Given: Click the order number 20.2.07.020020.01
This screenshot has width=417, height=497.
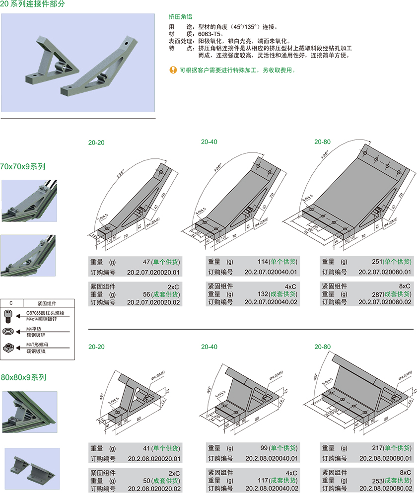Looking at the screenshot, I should (153, 272).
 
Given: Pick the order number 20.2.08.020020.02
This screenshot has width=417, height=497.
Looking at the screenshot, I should (154, 489).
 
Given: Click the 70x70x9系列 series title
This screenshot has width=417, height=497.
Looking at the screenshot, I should (23, 166).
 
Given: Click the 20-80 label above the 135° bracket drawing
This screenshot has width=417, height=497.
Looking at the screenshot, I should (322, 142).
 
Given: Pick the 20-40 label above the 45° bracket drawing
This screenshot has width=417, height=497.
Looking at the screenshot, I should (209, 346).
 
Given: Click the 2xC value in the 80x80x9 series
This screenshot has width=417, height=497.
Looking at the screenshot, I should (174, 473).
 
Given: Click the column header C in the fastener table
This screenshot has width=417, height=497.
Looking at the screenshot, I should (11, 302).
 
